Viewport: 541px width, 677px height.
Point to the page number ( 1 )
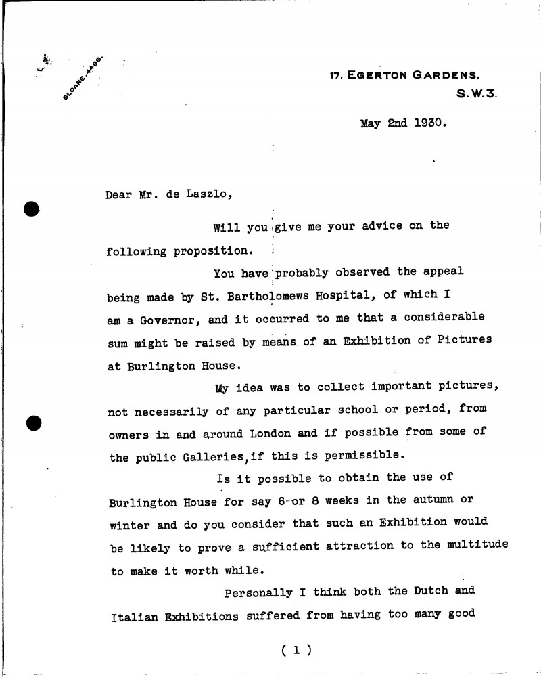click(294, 650)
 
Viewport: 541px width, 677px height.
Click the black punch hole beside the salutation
click(32, 207)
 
